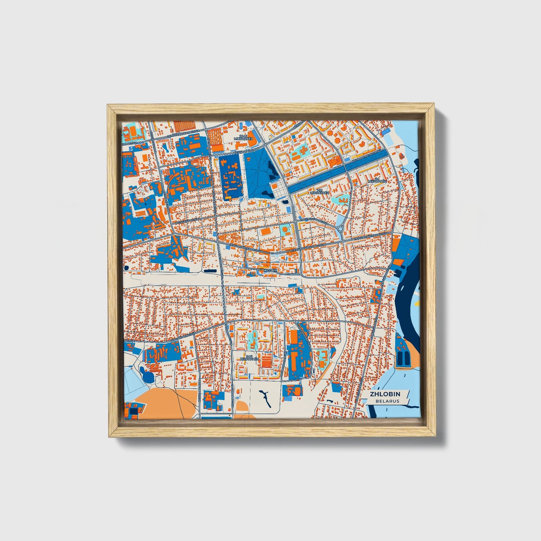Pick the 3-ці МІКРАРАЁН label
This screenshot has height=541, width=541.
point(249,358)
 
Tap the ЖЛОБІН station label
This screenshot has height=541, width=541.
point(270,270)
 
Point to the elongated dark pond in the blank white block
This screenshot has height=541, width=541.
point(264,397)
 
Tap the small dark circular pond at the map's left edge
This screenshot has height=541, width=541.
point(126,268)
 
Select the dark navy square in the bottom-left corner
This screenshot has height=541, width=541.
point(133,413)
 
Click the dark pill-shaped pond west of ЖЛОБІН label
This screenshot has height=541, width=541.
point(211,270)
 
